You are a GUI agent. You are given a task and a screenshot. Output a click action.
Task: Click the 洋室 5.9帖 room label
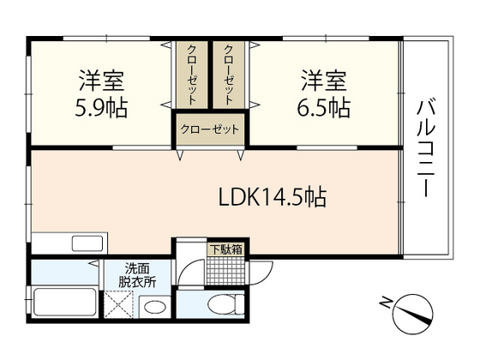click(101, 94)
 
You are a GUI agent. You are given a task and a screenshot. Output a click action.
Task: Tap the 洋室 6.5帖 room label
click(324, 94)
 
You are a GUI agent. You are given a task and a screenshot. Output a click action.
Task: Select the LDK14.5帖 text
click(270, 198)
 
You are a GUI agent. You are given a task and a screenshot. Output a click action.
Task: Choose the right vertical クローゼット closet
click(229, 75)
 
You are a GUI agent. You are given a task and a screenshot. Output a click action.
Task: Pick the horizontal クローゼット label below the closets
click(210, 131)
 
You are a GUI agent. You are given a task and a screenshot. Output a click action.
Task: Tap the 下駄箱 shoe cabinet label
click(225, 249)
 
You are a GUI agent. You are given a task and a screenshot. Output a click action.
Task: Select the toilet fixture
click(225, 304)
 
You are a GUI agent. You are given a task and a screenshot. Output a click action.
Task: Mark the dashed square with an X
click(118, 305)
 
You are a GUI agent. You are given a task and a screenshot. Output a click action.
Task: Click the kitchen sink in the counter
click(86, 243)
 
